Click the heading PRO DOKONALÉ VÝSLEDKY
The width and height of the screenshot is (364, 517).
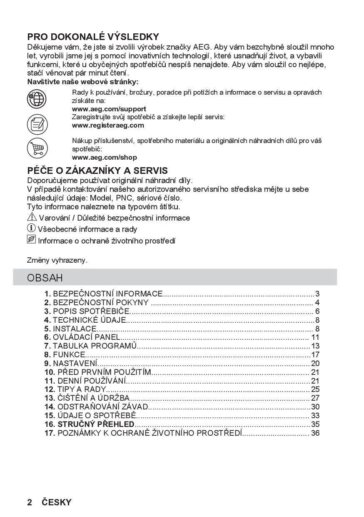click(x=93, y=37)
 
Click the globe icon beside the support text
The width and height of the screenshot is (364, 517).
click(x=37, y=99)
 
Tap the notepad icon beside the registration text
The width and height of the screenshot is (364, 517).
click(x=37, y=124)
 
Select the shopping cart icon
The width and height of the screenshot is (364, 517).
click(x=37, y=148)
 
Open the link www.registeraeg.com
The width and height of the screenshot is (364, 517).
click(x=108, y=125)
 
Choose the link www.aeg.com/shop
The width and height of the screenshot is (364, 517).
click(x=105, y=158)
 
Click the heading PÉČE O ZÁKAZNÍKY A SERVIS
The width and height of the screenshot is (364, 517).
click(x=97, y=171)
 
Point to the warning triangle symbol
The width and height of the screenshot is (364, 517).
click(x=32, y=217)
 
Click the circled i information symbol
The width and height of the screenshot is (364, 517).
click(x=32, y=228)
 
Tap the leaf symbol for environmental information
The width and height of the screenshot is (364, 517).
click(x=32, y=240)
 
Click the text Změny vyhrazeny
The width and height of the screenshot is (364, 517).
click(x=57, y=260)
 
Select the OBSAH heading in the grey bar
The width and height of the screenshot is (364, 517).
click(x=45, y=278)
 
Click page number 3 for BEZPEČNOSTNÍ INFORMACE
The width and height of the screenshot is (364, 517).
click(x=317, y=294)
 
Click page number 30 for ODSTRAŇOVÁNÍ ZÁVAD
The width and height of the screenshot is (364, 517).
click(x=315, y=407)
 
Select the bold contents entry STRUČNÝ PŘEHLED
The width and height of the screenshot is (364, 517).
click(x=96, y=424)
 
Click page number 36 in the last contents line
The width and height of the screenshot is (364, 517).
click(x=315, y=433)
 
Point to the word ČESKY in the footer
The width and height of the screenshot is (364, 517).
click(x=57, y=502)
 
